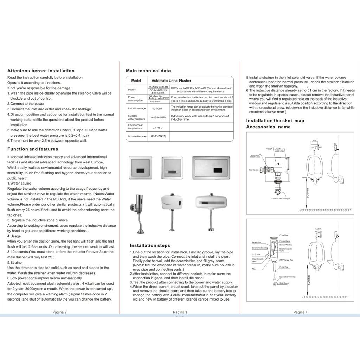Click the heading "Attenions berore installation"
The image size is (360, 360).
point(41,71)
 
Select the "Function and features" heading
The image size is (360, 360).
point(33,149)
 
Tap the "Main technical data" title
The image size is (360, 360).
point(148,71)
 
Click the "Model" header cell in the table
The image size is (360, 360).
point(136,81)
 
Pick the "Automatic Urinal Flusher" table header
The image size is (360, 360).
point(171,81)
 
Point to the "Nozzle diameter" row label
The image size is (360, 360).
point(137,136)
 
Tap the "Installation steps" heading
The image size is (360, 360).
point(150,245)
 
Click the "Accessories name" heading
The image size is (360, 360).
point(268,127)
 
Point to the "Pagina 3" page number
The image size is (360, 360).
point(180,312)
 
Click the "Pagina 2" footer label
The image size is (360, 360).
point(59,312)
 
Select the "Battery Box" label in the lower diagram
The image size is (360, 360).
point(256,242)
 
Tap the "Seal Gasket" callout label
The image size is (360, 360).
point(284,283)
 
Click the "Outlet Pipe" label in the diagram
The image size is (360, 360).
point(284,267)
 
